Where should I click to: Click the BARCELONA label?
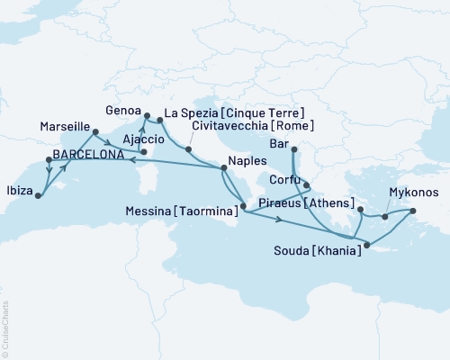pos(88,155)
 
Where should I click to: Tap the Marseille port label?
pos(65,129)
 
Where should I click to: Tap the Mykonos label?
pos(414,193)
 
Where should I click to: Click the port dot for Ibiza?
pos(38,193)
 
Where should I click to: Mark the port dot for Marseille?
pos(94,135)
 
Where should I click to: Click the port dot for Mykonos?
pos(413,211)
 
